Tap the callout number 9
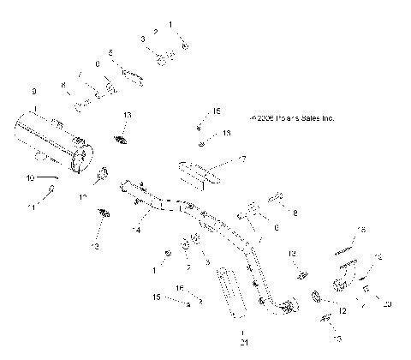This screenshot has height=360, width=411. pos(34,91)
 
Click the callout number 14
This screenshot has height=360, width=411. pos(135,231)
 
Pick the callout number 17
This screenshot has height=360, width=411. pos(242,160)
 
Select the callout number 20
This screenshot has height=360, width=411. pos(387,304)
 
